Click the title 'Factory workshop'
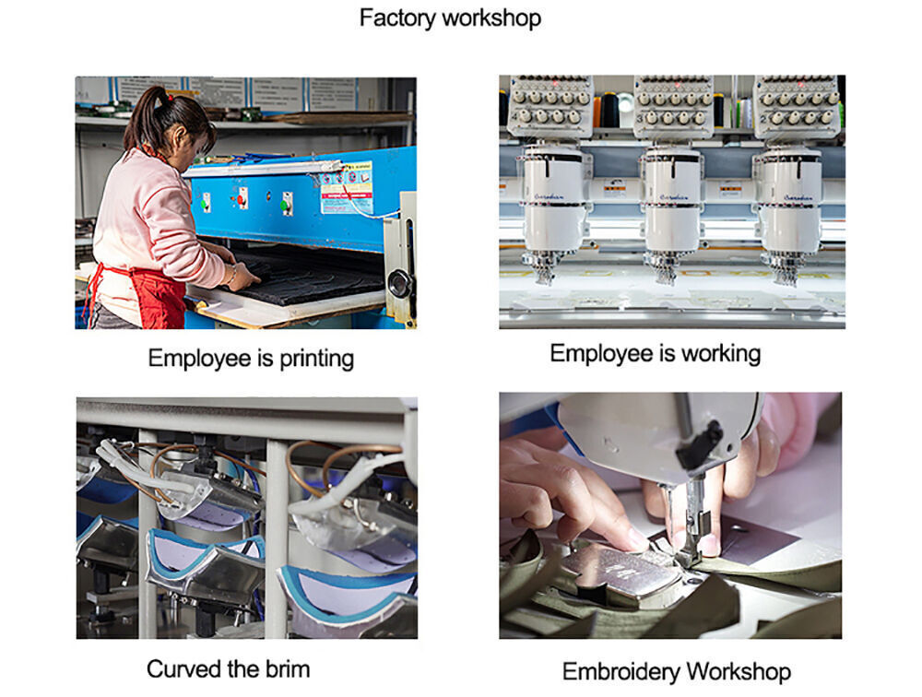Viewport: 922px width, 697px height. [450, 18]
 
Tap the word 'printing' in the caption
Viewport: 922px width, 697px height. [316, 359]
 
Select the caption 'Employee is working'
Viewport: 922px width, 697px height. [655, 353]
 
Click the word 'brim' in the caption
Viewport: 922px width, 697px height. [288, 668]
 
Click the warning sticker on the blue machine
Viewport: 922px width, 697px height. [347, 188]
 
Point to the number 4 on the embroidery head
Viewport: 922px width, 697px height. [514, 117]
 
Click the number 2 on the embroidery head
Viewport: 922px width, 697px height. [763, 118]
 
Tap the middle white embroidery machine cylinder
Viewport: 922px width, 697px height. [672, 200]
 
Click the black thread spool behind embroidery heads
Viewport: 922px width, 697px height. [609, 110]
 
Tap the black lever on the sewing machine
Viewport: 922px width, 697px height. [701, 444]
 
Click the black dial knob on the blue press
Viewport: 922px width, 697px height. [400, 284]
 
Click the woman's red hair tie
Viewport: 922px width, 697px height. [170, 98]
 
